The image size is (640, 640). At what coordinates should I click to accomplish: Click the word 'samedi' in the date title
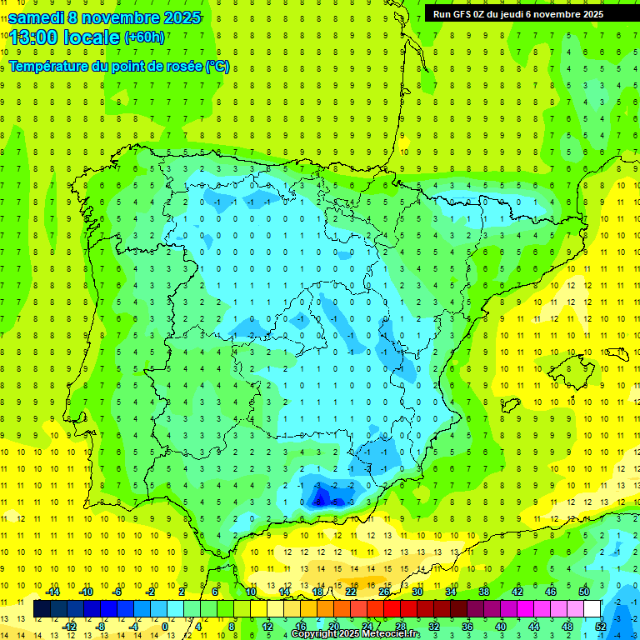37,17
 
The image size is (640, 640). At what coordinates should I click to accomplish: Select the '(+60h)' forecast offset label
144,37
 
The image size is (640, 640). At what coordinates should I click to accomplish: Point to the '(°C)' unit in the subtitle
217,66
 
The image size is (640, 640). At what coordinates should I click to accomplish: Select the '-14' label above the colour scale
52,592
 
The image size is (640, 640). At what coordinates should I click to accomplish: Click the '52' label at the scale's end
602,627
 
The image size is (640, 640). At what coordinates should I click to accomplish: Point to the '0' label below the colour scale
164,627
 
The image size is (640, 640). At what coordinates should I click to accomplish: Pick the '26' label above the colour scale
384,592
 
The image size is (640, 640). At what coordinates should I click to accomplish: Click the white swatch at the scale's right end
592,609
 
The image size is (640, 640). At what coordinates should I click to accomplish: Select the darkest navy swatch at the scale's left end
42,609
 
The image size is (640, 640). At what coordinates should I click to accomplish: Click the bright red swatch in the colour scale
392,609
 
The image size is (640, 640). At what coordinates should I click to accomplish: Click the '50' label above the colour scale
584,592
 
